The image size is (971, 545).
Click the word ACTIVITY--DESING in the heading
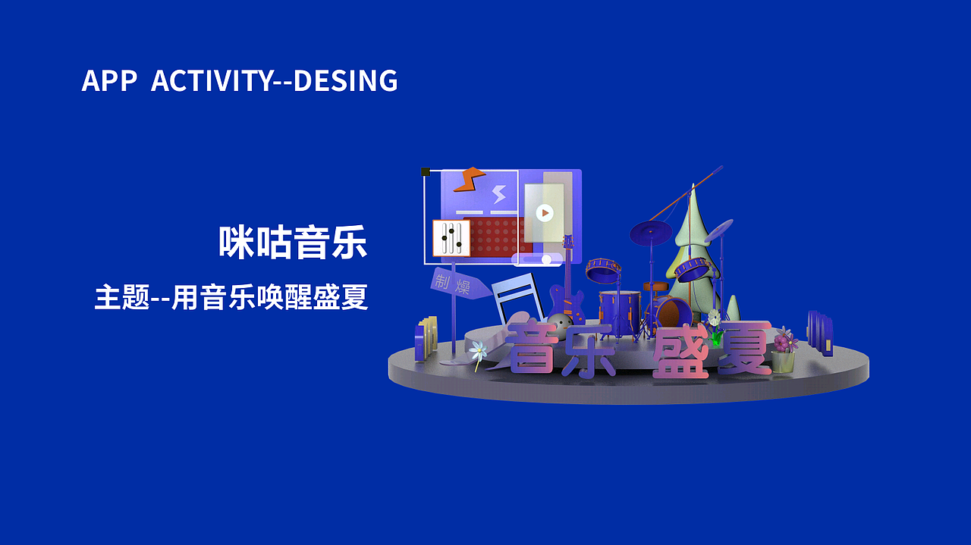[274, 80]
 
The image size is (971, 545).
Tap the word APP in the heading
[108, 80]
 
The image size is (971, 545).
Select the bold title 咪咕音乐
[292, 243]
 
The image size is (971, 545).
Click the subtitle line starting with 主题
[231, 298]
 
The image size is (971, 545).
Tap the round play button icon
[544, 213]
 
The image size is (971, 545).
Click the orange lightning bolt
[468, 179]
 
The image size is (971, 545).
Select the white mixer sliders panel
[451, 238]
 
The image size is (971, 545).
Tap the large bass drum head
[674, 312]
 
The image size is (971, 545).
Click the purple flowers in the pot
[784, 340]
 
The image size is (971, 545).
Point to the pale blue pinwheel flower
[478, 349]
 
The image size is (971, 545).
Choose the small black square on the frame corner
[426, 172]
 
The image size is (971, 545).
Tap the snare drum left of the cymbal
[603, 269]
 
